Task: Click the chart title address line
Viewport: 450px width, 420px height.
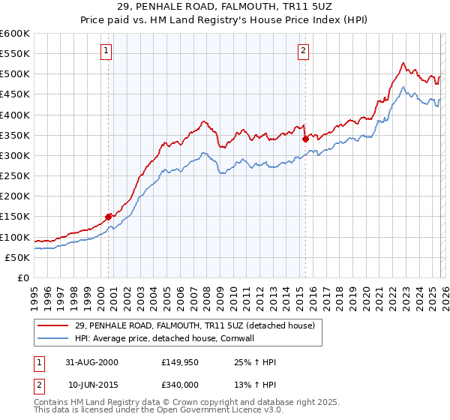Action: [x=225, y=6]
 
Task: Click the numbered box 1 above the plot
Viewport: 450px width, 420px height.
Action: [x=106, y=51]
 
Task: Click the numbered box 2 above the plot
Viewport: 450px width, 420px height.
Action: [x=303, y=51]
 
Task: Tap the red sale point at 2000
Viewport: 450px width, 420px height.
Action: [x=109, y=217]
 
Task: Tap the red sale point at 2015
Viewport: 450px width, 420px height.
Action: [x=306, y=139]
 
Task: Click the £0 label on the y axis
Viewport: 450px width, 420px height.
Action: [x=22, y=277]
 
